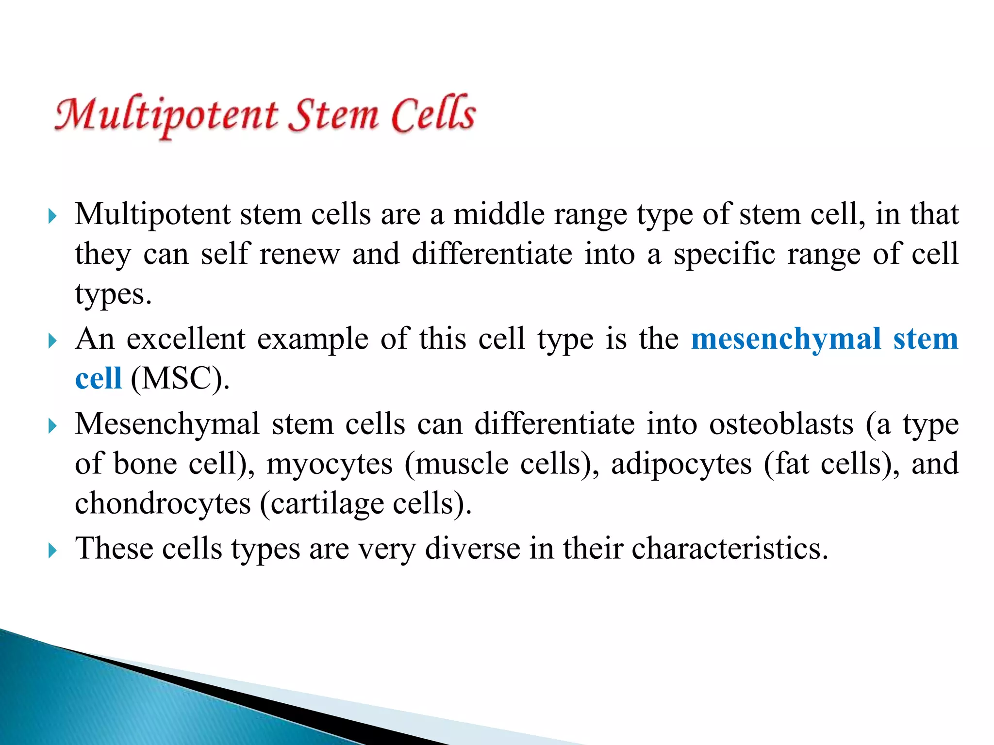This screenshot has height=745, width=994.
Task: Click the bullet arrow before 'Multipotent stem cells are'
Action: click(53, 216)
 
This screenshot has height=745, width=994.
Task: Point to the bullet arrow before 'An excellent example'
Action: click(53, 341)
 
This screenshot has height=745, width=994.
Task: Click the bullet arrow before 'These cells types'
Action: click(53, 551)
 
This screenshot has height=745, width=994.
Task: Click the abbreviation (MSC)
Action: click(180, 378)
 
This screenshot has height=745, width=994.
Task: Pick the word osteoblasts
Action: click(781, 424)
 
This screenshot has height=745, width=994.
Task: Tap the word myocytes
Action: click(330, 464)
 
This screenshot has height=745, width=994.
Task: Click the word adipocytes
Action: click(681, 464)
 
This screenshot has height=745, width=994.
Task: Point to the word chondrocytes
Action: click(163, 503)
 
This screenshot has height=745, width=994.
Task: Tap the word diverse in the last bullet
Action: click(473, 549)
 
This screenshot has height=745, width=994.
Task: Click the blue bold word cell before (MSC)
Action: click(98, 378)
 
